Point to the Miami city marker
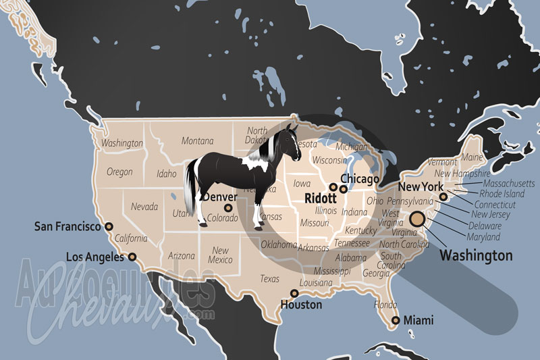coord(396,320)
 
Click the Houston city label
coord(301,305)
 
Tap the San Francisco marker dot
coord(109,227)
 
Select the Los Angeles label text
coord(94,257)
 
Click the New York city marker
coord(443,197)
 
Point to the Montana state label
coord(197,140)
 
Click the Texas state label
coord(269,278)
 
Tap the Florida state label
coord(385,305)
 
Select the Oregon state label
coord(119,172)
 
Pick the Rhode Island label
coord(502,194)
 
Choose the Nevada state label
coord(144,206)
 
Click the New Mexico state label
coord(220,255)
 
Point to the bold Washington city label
coord(476,256)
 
